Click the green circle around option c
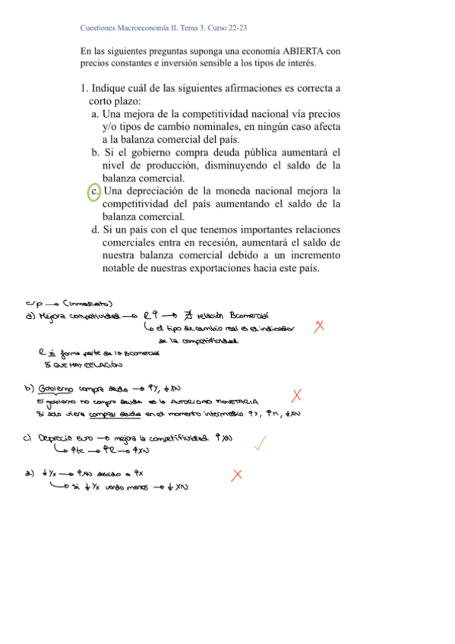click(94, 191)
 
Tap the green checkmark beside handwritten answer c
click(261, 444)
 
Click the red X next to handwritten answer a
click(319, 326)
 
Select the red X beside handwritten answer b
click(296, 395)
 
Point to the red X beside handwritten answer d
click(237, 475)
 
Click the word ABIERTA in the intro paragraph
click(286, 51)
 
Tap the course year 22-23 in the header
click(236, 28)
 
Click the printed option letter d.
click(95, 229)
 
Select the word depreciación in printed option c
click(152, 191)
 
